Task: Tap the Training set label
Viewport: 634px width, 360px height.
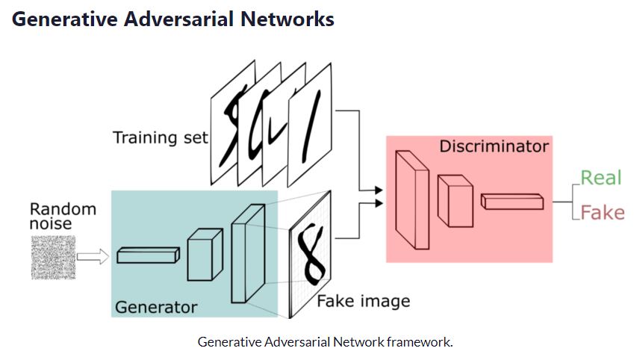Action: [x=160, y=137]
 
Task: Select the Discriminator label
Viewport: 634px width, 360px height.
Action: [x=494, y=146]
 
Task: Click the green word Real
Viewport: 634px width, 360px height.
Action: [x=601, y=177]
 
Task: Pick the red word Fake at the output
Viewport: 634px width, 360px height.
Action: [x=602, y=213]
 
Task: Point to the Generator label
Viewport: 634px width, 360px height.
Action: [x=155, y=307]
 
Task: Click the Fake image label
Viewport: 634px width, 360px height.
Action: [x=363, y=302]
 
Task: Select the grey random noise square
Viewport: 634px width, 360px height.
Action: [x=53, y=257]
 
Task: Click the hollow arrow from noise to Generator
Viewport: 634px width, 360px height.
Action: [x=93, y=257]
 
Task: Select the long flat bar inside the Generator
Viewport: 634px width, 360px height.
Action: [x=148, y=255]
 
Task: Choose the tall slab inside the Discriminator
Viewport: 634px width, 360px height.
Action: [x=412, y=199]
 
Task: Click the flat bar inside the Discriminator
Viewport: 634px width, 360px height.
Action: [x=512, y=201]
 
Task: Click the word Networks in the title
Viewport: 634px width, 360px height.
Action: [x=288, y=19]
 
